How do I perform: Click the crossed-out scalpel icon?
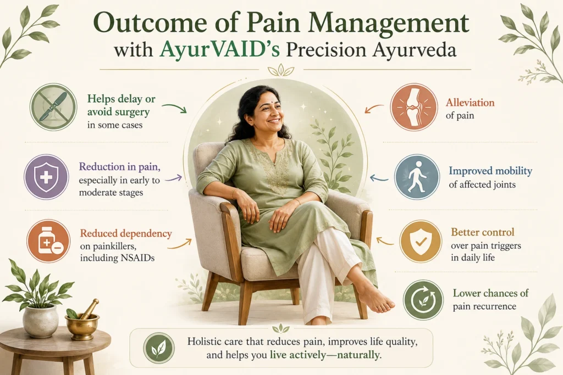pyautogui.click(x=53, y=107)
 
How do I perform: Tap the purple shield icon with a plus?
pyautogui.click(x=46, y=177)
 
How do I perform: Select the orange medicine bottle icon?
pyautogui.click(x=48, y=241)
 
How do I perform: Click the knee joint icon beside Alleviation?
pyautogui.click(x=414, y=107)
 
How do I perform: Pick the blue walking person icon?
pyautogui.click(x=417, y=177)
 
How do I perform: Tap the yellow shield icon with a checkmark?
pyautogui.click(x=421, y=241)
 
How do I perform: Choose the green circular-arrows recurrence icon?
pyautogui.click(x=423, y=300)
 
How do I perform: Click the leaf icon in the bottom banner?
pyautogui.click(x=159, y=348)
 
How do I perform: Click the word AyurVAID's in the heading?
pyautogui.click(x=220, y=50)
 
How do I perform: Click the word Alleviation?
pyautogui.click(x=470, y=103)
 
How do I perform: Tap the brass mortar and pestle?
pyautogui.click(x=83, y=320)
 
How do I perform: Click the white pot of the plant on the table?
pyautogui.click(x=41, y=321)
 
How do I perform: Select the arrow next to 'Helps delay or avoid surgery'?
pyautogui.click(x=174, y=108)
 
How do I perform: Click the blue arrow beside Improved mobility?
pyautogui.click(x=379, y=177)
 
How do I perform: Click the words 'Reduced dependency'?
pyautogui.click(x=126, y=234)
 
